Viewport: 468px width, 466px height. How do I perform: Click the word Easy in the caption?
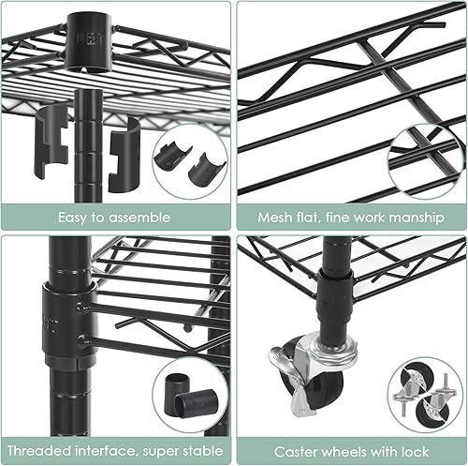tap(77, 218)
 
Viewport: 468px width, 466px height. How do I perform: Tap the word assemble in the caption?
tap(140, 218)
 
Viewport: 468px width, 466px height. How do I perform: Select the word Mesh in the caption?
tap(277, 218)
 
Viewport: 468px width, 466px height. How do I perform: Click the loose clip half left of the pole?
tap(52, 141)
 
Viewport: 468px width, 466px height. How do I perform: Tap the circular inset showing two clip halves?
tap(190, 160)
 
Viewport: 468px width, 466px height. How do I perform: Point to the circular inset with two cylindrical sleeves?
tap(190, 394)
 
